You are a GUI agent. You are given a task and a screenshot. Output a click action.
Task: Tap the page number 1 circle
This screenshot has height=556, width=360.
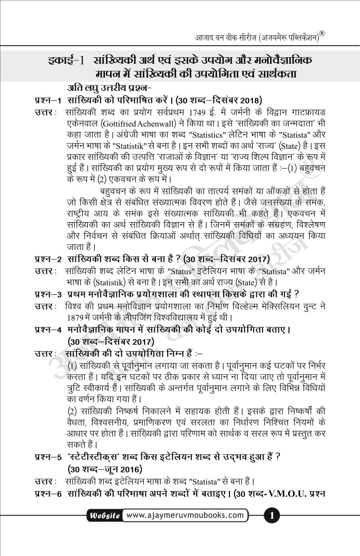(x=271, y=516)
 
